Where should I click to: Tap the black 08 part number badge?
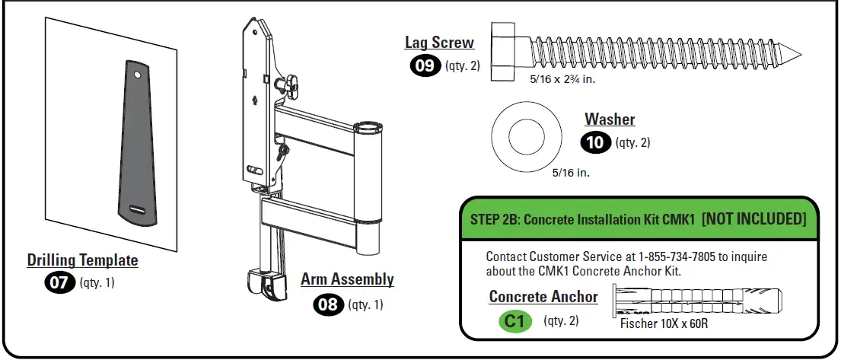[329, 304]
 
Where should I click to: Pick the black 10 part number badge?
[595, 142]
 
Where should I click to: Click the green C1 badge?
[515, 321]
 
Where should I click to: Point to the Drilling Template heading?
[83, 260]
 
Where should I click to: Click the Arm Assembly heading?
[347, 279]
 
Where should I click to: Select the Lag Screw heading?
[439, 43]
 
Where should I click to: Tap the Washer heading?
[610, 119]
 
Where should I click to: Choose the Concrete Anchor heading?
[543, 297]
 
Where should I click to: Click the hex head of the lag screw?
[504, 50]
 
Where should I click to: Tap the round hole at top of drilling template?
[137, 76]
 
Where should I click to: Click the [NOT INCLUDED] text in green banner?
[753, 219]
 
